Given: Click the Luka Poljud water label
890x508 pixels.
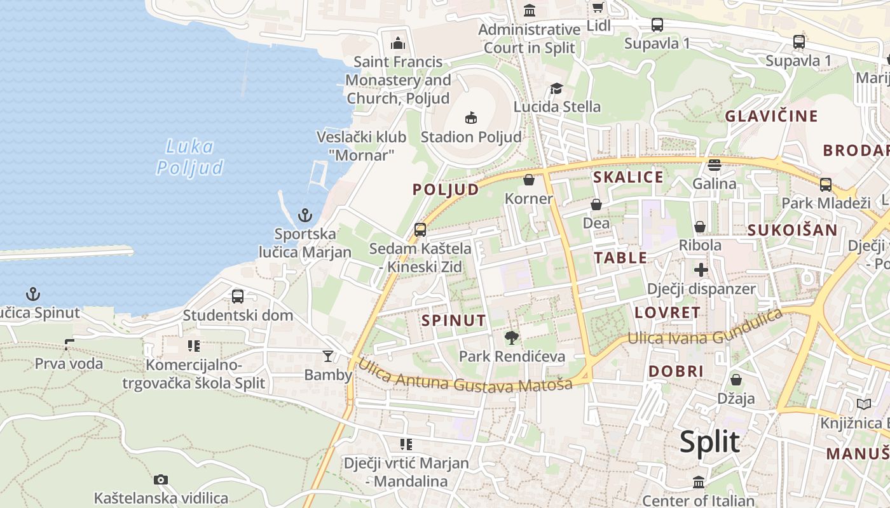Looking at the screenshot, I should [189, 157].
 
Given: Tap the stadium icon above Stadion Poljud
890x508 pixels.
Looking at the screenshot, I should [470, 117].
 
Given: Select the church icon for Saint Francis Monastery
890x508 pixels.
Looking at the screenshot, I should [398, 43].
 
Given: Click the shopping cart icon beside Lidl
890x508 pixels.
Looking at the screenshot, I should [598, 7].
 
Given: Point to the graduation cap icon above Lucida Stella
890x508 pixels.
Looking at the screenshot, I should [557, 88].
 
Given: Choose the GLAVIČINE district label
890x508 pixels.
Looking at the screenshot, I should [771, 116].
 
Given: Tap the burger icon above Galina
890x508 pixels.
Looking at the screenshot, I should [715, 165].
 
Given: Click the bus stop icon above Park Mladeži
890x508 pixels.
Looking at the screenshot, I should [825, 185].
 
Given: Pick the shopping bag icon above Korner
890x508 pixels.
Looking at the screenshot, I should [528, 180].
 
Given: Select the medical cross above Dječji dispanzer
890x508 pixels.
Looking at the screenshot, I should [701, 270].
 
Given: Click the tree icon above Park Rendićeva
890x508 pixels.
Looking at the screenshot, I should [511, 337].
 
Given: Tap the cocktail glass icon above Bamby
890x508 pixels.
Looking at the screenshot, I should [328, 356].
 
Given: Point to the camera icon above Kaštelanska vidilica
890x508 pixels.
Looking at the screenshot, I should [161, 479].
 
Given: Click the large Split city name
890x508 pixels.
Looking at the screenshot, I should [709, 442].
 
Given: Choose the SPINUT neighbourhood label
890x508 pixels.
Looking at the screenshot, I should [453, 321].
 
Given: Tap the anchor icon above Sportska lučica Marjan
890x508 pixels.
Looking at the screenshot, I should [306, 215].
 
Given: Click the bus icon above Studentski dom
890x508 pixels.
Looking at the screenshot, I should [238, 296].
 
